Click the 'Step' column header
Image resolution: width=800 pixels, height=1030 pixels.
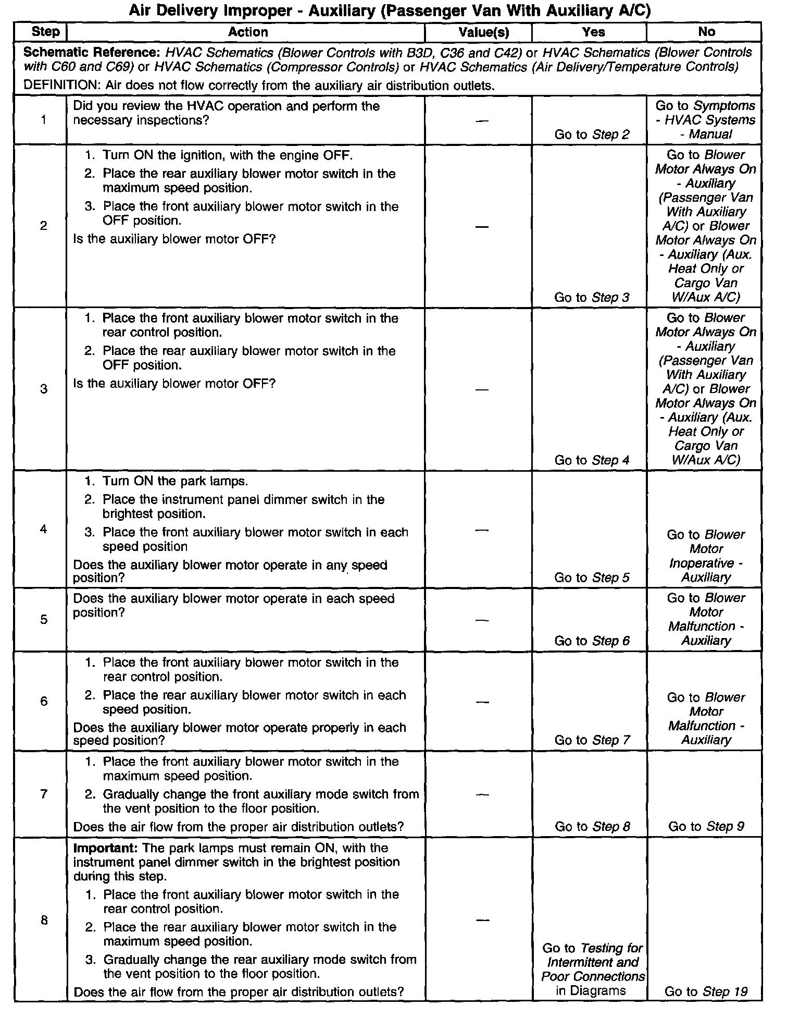[x=45, y=32]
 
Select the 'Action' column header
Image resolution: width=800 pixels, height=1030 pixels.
[x=248, y=32]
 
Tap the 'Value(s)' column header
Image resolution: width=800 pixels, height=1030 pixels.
[x=483, y=32]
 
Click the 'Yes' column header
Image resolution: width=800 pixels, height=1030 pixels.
[x=593, y=32]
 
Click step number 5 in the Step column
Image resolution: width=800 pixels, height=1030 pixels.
[x=44, y=620]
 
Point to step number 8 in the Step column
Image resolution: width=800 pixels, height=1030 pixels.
[x=44, y=921]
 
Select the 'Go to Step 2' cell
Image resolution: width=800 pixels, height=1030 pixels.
[x=592, y=134]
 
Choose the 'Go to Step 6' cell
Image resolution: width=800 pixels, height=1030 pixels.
[x=592, y=641]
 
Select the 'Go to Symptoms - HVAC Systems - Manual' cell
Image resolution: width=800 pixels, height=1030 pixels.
[x=706, y=120]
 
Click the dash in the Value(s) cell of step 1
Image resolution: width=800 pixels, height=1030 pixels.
[x=482, y=121]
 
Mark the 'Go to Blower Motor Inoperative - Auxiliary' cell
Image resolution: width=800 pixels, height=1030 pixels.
[x=706, y=556]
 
